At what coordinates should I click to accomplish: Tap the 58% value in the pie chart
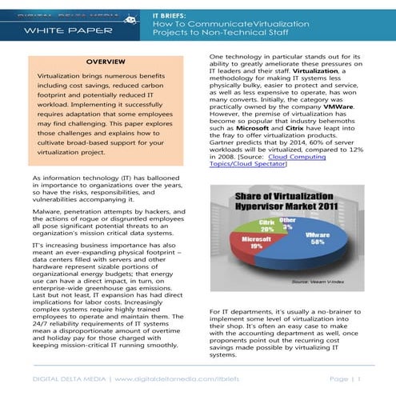coord(318,242)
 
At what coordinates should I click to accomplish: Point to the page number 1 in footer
coord(359,378)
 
